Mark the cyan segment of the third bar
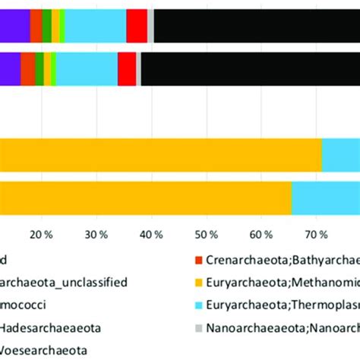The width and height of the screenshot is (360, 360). click(341, 155)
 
